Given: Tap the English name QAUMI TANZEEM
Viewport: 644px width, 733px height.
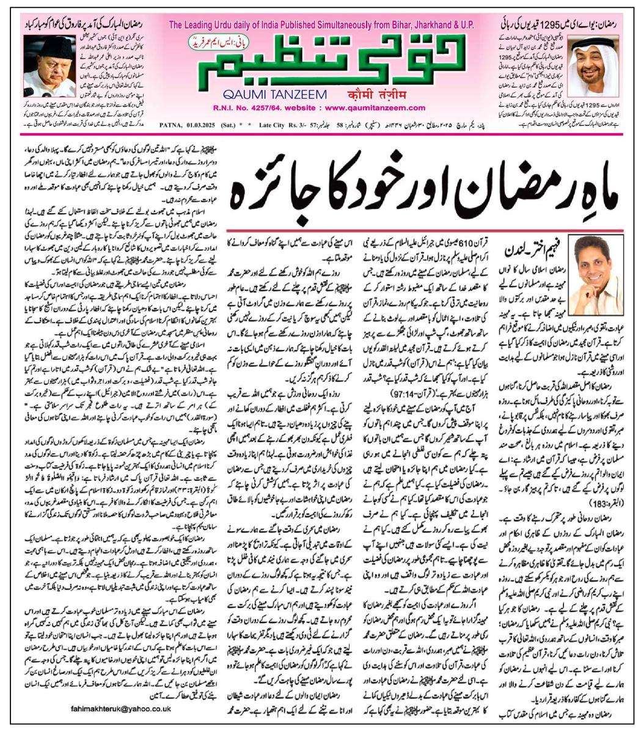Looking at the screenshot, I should (258, 95).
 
